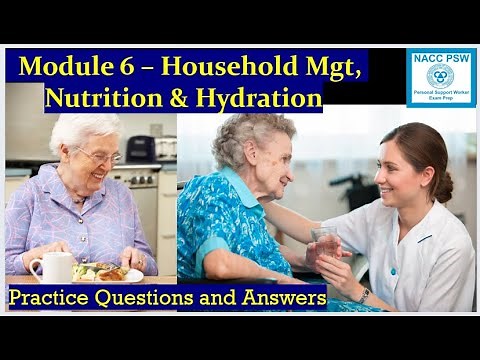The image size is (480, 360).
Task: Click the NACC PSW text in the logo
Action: (440, 58)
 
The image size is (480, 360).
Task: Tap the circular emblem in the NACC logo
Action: (440, 76)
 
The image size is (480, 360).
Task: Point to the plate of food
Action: (110, 272)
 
